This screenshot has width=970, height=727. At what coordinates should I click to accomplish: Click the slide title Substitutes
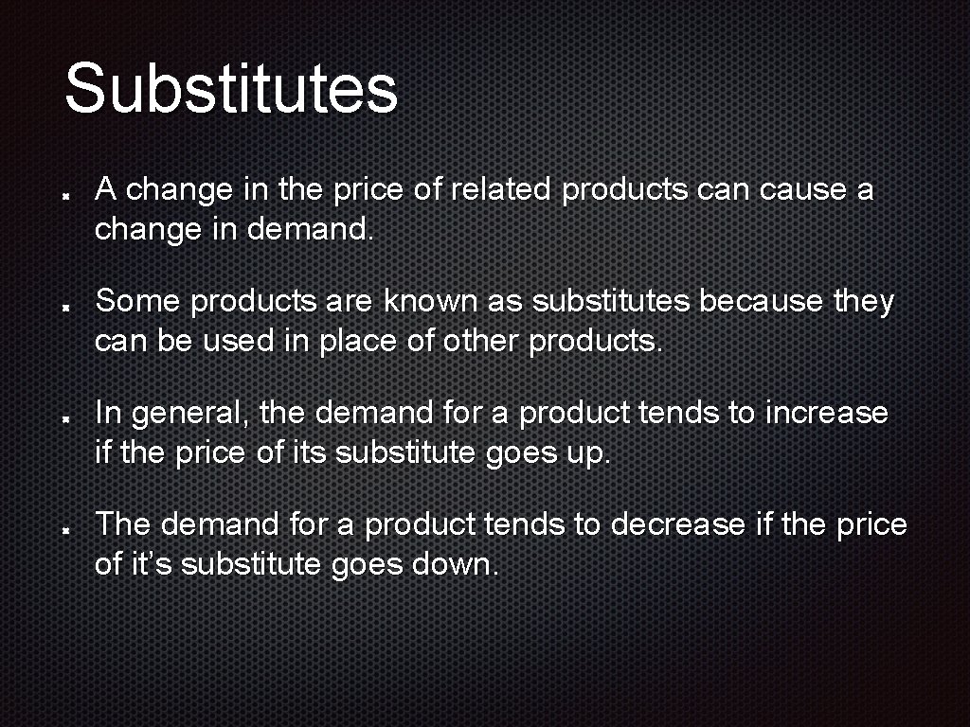[231, 88]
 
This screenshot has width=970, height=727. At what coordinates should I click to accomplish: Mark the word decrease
[677, 524]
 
